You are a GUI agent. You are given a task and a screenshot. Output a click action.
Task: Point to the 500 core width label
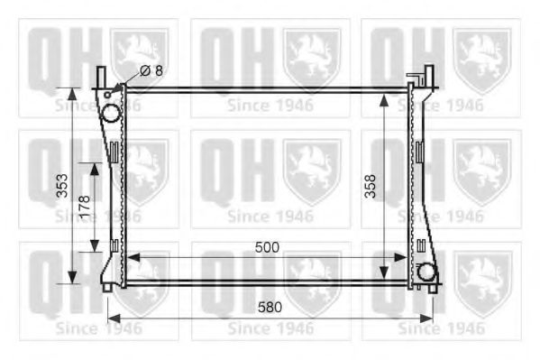tap(267, 246)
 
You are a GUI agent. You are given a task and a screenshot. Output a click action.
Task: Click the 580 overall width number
tap(270, 307)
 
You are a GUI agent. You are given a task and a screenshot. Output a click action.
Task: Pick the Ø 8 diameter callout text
tap(153, 70)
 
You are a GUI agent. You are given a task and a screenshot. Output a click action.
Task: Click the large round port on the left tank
tap(109, 115)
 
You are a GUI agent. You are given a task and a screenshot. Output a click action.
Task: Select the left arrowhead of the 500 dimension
tap(131, 257)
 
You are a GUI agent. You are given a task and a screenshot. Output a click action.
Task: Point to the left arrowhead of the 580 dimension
tap(113, 318)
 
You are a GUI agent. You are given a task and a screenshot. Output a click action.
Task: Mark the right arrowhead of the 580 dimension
tap(430, 318)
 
